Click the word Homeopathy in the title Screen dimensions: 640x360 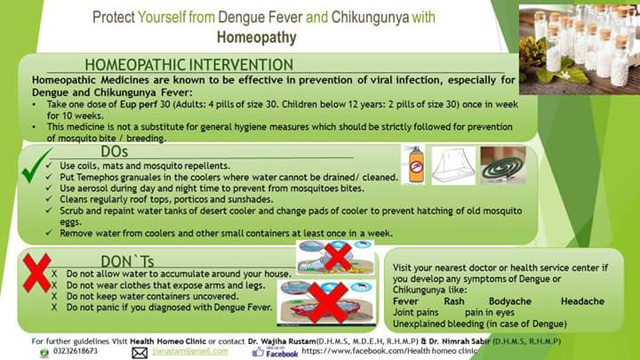tap(256, 37)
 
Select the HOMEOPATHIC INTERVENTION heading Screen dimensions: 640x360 tap(189, 65)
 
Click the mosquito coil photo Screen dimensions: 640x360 tap(503, 165)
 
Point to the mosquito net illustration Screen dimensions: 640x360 tap(453, 165)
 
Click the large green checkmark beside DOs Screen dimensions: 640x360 tap(36, 165)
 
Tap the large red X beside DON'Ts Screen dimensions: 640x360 tap(37, 272)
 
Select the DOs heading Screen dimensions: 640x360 tap(115, 151)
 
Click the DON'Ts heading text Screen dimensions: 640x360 tap(127, 261)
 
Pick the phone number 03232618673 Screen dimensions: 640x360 tap(76, 351)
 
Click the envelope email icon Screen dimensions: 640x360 tap(140, 353)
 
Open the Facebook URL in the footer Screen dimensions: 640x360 tap(389, 350)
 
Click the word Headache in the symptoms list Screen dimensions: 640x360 tap(582, 301)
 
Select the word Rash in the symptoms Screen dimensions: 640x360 tap(454, 301)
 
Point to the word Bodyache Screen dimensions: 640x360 tap(510, 301)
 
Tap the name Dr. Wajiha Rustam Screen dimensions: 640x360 tap(282, 341)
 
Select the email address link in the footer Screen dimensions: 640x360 tap(190, 351)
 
